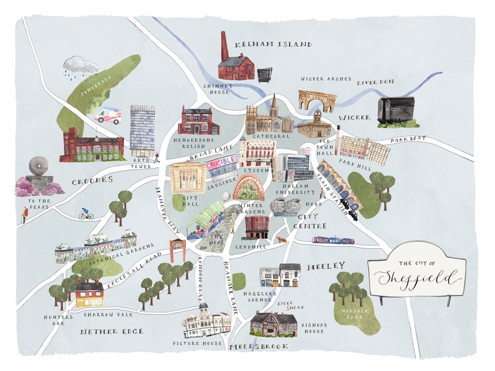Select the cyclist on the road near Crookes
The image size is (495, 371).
(85, 214)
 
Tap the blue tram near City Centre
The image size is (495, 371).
(333, 240)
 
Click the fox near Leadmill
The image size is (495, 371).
(282, 239)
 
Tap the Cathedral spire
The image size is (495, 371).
(273, 103)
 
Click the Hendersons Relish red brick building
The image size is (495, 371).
(198, 121)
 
